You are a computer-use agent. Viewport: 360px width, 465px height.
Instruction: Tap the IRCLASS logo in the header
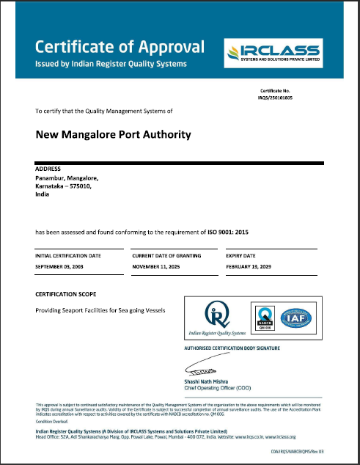pyautogui.click(x=273, y=52)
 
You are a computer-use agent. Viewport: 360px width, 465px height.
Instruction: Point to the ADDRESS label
pyautogui.click(x=48, y=169)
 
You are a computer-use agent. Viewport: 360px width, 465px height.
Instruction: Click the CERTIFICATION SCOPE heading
pyautogui.click(x=67, y=293)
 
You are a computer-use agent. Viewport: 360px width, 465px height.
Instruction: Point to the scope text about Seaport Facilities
pyautogui.click(x=100, y=310)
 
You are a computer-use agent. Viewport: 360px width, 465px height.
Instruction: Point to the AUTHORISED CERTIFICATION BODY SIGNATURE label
pyautogui.click(x=234, y=347)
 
